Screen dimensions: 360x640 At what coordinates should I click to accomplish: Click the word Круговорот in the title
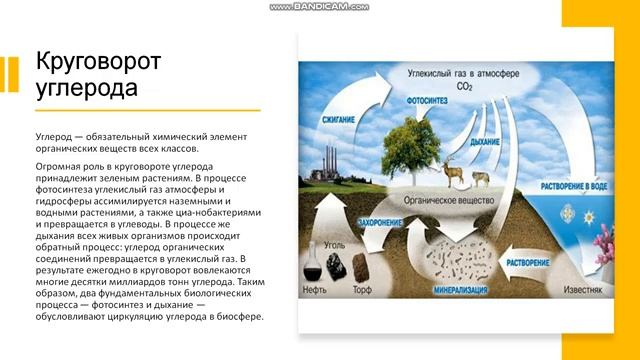pos(98,64)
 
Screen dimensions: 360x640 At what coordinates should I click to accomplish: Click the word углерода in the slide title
pos(85,90)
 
